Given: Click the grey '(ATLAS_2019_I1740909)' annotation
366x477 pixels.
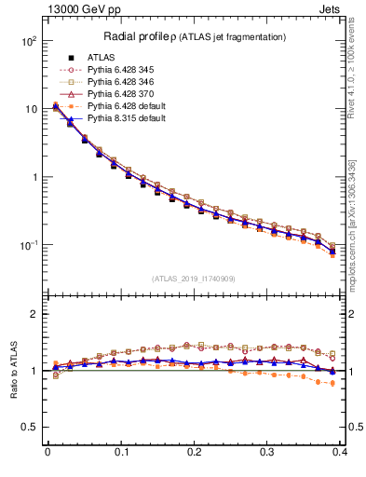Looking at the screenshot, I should [194, 279].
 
